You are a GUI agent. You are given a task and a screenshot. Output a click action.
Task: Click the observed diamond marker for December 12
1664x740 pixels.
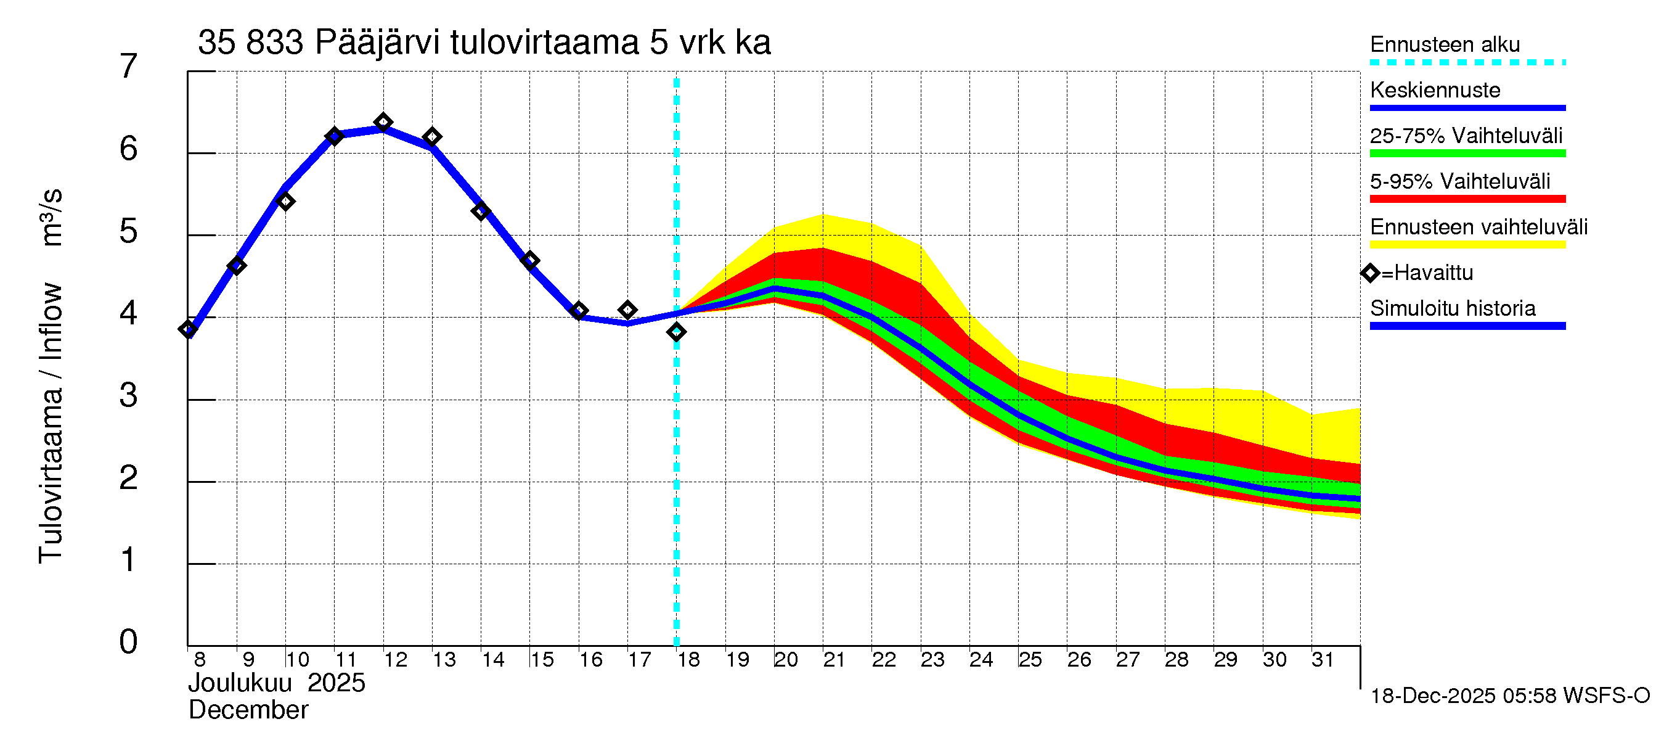pyautogui.click(x=383, y=122)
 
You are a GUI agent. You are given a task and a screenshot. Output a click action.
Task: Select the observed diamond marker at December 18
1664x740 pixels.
pyautogui.click(x=676, y=332)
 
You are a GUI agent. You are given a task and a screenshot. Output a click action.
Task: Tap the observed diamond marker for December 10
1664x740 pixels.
pyautogui.click(x=285, y=202)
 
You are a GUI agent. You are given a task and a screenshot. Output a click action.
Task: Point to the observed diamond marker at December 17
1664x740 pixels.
pyautogui.click(x=627, y=310)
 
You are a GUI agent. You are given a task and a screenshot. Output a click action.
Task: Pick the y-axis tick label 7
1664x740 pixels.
pyautogui.click(x=129, y=67)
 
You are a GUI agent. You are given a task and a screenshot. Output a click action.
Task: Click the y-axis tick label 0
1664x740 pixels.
pyautogui.click(x=129, y=642)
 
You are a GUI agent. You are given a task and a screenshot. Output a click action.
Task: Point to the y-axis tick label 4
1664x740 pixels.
pyautogui.click(x=129, y=313)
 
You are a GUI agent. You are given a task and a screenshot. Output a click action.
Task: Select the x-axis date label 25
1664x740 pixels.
pyautogui.click(x=1030, y=660)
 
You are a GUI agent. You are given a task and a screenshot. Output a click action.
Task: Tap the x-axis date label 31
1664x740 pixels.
pyautogui.click(x=1323, y=660)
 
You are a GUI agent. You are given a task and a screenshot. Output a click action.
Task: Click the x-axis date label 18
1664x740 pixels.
pyautogui.click(x=688, y=660)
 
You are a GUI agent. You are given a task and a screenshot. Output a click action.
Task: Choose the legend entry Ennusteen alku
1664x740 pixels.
pyautogui.click(x=1445, y=45)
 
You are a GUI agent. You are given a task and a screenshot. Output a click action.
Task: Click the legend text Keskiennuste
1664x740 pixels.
pyautogui.click(x=1435, y=91)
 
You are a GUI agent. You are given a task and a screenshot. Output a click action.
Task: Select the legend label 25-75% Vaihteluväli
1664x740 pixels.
pyautogui.click(x=1466, y=136)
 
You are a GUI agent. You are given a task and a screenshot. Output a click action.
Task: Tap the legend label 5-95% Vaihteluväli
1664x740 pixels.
pyautogui.click(x=1460, y=181)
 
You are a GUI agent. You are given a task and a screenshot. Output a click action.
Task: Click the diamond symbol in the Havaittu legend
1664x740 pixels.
pyautogui.click(x=1370, y=273)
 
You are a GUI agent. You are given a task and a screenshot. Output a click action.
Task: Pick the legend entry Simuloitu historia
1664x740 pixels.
pyautogui.click(x=1453, y=309)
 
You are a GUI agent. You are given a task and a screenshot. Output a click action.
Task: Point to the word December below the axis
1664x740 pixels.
pyautogui.click(x=248, y=710)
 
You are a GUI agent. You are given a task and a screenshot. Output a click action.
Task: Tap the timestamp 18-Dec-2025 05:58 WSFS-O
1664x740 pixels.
pyautogui.click(x=1509, y=696)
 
